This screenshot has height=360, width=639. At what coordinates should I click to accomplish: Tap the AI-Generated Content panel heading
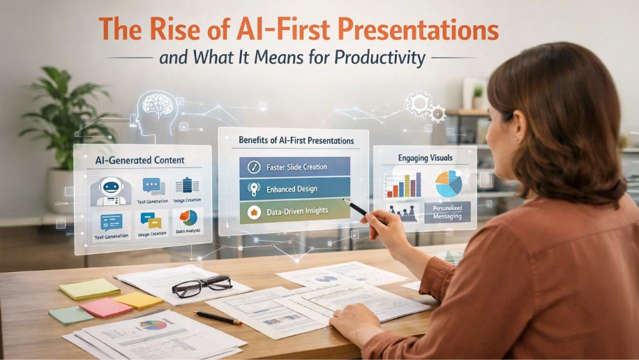click(140, 160)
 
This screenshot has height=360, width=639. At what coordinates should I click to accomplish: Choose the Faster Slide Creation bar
click(294, 167)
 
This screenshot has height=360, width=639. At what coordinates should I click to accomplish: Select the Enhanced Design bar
click(294, 188)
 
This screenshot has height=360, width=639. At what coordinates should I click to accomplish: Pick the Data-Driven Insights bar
click(294, 211)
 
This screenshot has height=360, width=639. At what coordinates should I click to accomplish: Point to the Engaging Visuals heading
click(424, 158)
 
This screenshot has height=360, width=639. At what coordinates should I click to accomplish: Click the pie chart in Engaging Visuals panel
click(449, 183)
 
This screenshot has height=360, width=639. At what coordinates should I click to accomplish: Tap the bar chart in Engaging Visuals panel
click(403, 185)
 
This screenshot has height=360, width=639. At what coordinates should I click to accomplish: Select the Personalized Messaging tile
click(447, 211)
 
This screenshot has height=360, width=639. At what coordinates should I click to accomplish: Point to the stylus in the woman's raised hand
click(356, 207)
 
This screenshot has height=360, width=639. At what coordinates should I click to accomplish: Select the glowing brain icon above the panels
click(158, 105)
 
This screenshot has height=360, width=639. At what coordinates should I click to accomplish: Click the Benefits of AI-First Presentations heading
click(296, 141)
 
